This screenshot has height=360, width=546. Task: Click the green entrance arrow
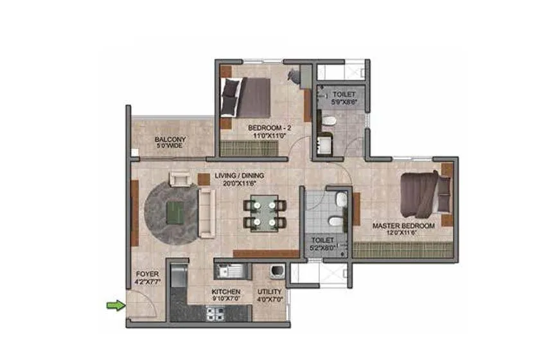point(114,305)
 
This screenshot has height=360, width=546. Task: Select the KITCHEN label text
point(225,291)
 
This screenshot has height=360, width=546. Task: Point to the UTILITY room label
point(270,291)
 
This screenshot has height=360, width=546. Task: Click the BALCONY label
point(170,139)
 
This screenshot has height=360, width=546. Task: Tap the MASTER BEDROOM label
point(403,226)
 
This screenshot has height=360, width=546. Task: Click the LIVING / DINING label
point(239,175)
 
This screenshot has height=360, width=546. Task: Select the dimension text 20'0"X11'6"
point(239,183)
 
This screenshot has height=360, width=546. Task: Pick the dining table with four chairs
point(264,213)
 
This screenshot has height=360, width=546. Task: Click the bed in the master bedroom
point(424,192)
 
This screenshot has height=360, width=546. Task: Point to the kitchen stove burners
point(215,314)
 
